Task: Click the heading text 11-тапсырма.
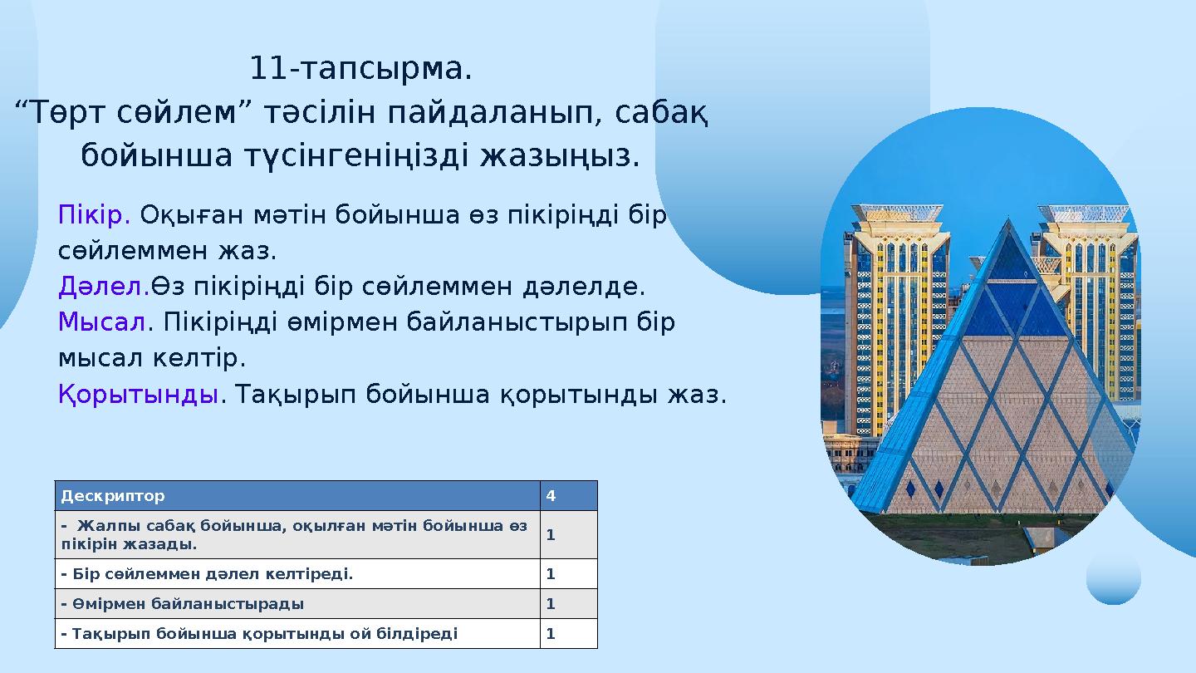point(360,69)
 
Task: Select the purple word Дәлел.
point(104,287)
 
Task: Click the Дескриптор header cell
point(113,496)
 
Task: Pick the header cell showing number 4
point(551,496)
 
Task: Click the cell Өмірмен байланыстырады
point(183,604)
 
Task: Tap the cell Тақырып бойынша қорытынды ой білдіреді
point(259,634)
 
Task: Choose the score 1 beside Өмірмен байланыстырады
point(551,604)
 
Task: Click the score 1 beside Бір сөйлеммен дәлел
point(551,573)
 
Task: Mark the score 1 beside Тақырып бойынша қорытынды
point(551,634)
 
